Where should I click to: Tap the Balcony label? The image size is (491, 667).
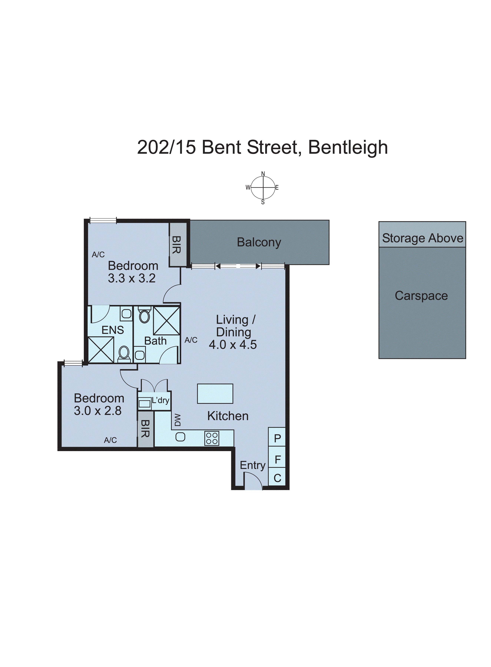(259, 242)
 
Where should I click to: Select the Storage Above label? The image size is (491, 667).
(422, 238)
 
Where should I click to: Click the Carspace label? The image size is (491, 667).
(421, 296)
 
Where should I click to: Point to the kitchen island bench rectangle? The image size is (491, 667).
(215, 394)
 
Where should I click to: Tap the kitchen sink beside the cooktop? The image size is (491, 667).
(180, 437)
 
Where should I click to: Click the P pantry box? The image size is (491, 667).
(277, 438)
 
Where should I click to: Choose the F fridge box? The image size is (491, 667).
(278, 460)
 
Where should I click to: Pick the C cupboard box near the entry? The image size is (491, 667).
(277, 478)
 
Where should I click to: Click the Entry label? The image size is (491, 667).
(253, 465)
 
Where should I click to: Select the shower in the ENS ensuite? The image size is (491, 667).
(101, 350)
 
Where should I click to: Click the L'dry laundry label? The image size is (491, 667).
(160, 400)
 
